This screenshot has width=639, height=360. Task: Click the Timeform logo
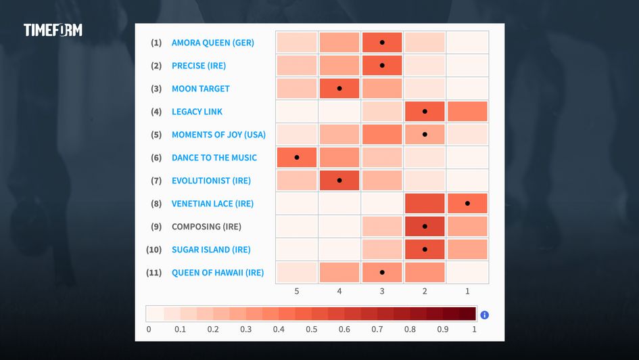pyautogui.click(x=53, y=30)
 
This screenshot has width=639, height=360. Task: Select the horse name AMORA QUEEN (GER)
pyautogui.click(x=212, y=43)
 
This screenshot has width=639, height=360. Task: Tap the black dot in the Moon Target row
pyautogui.click(x=339, y=89)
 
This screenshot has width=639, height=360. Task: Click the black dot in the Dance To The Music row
pyautogui.click(x=297, y=158)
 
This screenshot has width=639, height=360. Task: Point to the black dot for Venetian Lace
pyautogui.click(x=467, y=203)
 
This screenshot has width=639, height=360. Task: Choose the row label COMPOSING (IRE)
pyautogui.click(x=206, y=227)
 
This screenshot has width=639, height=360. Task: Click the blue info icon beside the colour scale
pyautogui.click(x=484, y=315)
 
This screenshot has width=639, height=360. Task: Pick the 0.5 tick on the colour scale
pyautogui.click(x=312, y=330)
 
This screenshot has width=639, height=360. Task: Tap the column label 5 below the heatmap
pyautogui.click(x=297, y=290)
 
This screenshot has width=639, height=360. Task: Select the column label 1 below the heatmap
pyautogui.click(x=467, y=290)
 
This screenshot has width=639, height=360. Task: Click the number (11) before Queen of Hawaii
pyautogui.click(x=154, y=273)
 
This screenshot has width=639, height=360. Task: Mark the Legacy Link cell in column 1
pyautogui.click(x=467, y=112)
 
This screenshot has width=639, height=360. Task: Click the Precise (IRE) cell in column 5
pyautogui.click(x=297, y=66)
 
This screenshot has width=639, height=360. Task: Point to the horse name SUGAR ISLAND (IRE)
pyautogui.click(x=211, y=250)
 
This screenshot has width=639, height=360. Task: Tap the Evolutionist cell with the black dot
pyautogui.click(x=339, y=181)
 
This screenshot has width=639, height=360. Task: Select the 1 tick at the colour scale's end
pyautogui.click(x=474, y=330)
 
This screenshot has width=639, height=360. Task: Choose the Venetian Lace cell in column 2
pyautogui.click(x=425, y=203)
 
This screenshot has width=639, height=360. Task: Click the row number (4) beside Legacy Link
pyautogui.click(x=156, y=112)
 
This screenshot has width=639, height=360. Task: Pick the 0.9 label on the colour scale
pyautogui.click(x=443, y=330)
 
